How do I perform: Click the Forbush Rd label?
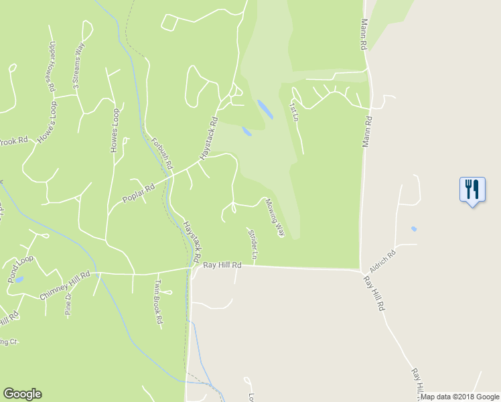click(162, 153)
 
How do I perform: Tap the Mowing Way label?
click(275, 217)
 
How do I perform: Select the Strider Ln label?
click(253, 245)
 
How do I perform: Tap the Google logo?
click(22, 394)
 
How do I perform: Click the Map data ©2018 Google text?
click(459, 397)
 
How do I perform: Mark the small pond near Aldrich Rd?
click(414, 229)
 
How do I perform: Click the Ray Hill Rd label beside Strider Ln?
click(222, 265)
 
